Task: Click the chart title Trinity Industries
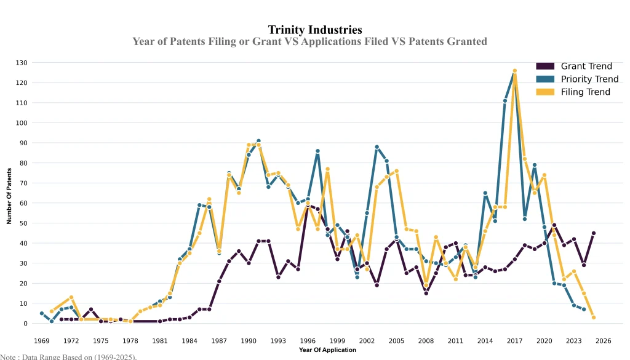315,30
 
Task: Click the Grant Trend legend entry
586,66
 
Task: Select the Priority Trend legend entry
589,79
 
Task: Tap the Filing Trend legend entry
585,92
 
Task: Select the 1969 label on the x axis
42,340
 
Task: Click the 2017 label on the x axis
514,340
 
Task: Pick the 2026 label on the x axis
603,340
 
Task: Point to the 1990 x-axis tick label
249,340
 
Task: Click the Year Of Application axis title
327,350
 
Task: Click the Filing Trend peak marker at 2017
515,71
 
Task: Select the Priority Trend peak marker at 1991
258,141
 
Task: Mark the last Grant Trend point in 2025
594,233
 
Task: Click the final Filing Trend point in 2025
594,318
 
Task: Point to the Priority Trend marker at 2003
377,147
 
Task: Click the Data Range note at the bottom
68,356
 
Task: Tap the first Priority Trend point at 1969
42,313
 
